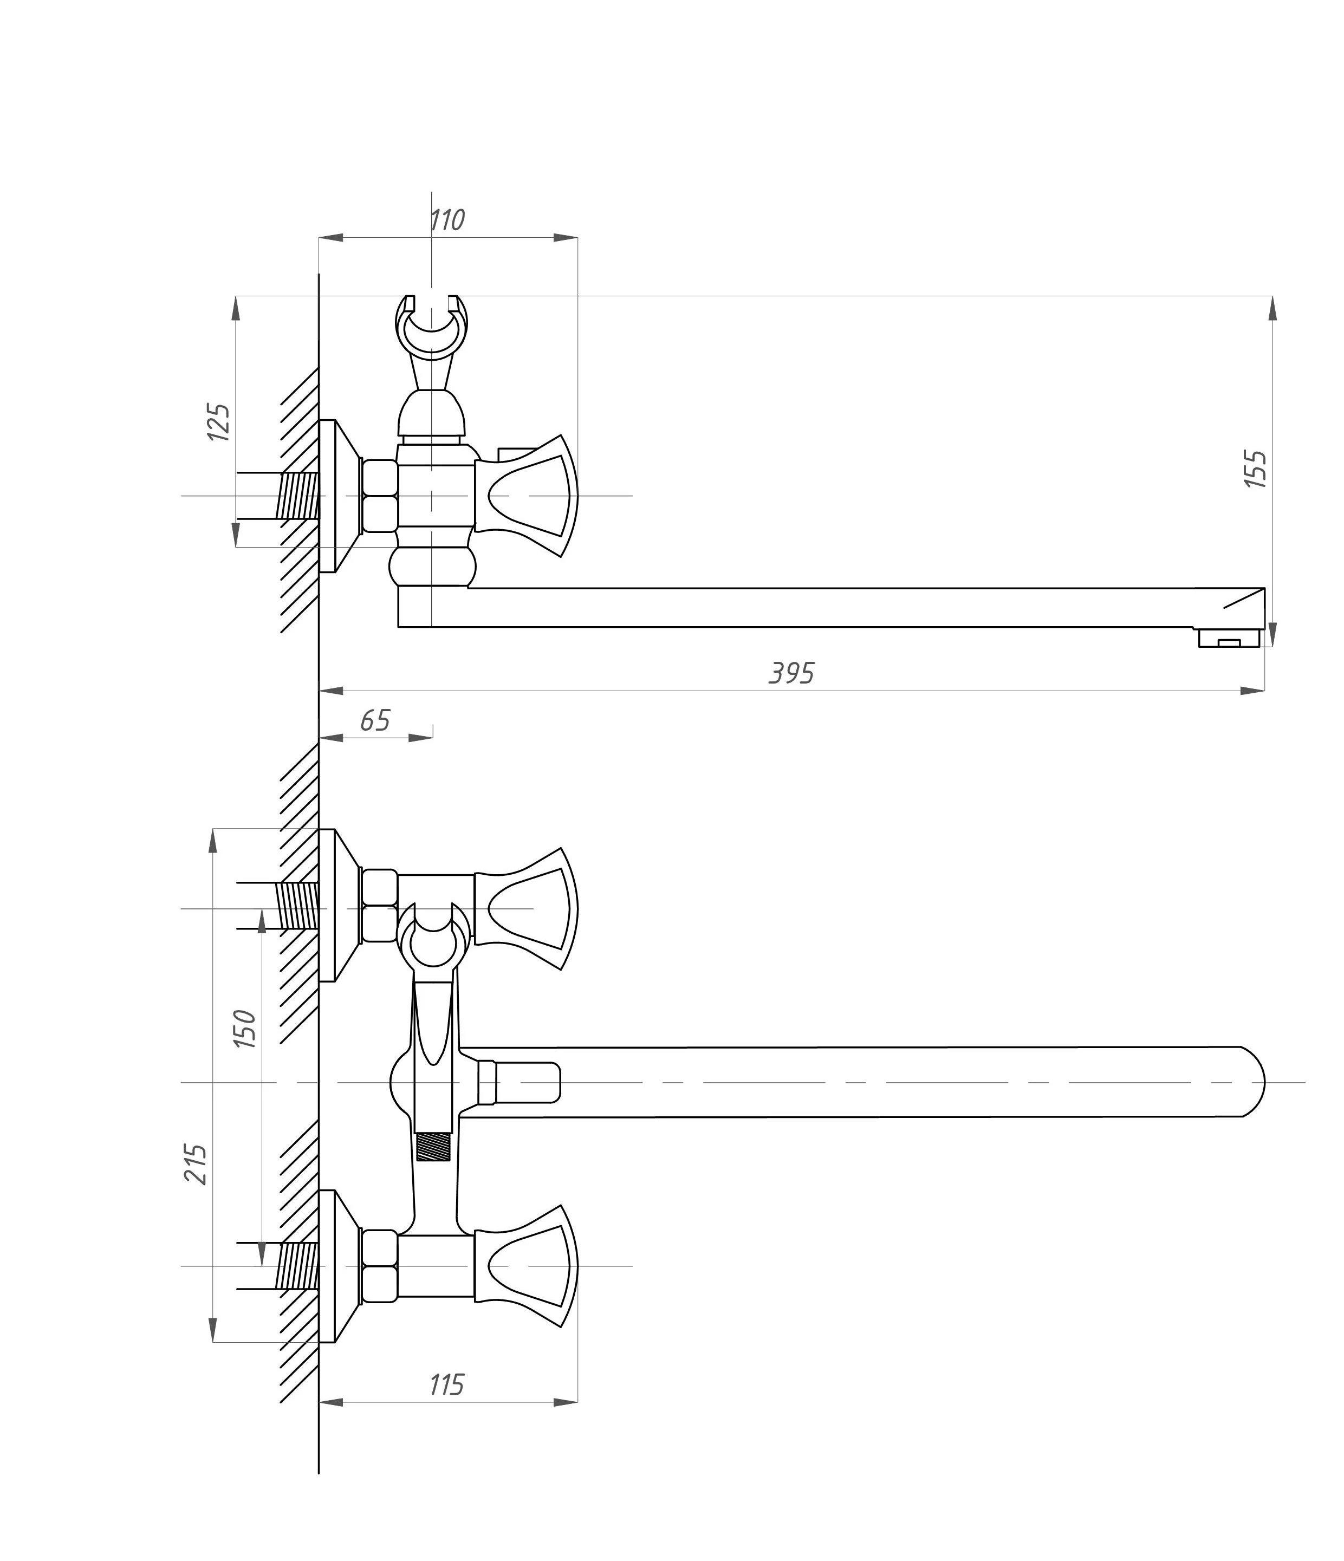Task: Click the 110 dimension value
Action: click(x=447, y=220)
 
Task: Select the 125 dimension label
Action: click(x=218, y=422)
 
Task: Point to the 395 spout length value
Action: click(x=791, y=673)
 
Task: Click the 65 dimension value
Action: click(x=374, y=721)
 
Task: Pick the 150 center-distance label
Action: click(x=244, y=1029)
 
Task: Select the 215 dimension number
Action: click(x=196, y=1164)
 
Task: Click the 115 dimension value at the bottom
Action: click(x=447, y=1385)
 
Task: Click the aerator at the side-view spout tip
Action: click(x=1229, y=639)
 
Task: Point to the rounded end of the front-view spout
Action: click(x=1251, y=1083)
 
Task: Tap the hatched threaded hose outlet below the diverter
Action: click(x=433, y=1147)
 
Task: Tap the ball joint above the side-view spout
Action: click(x=432, y=567)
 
